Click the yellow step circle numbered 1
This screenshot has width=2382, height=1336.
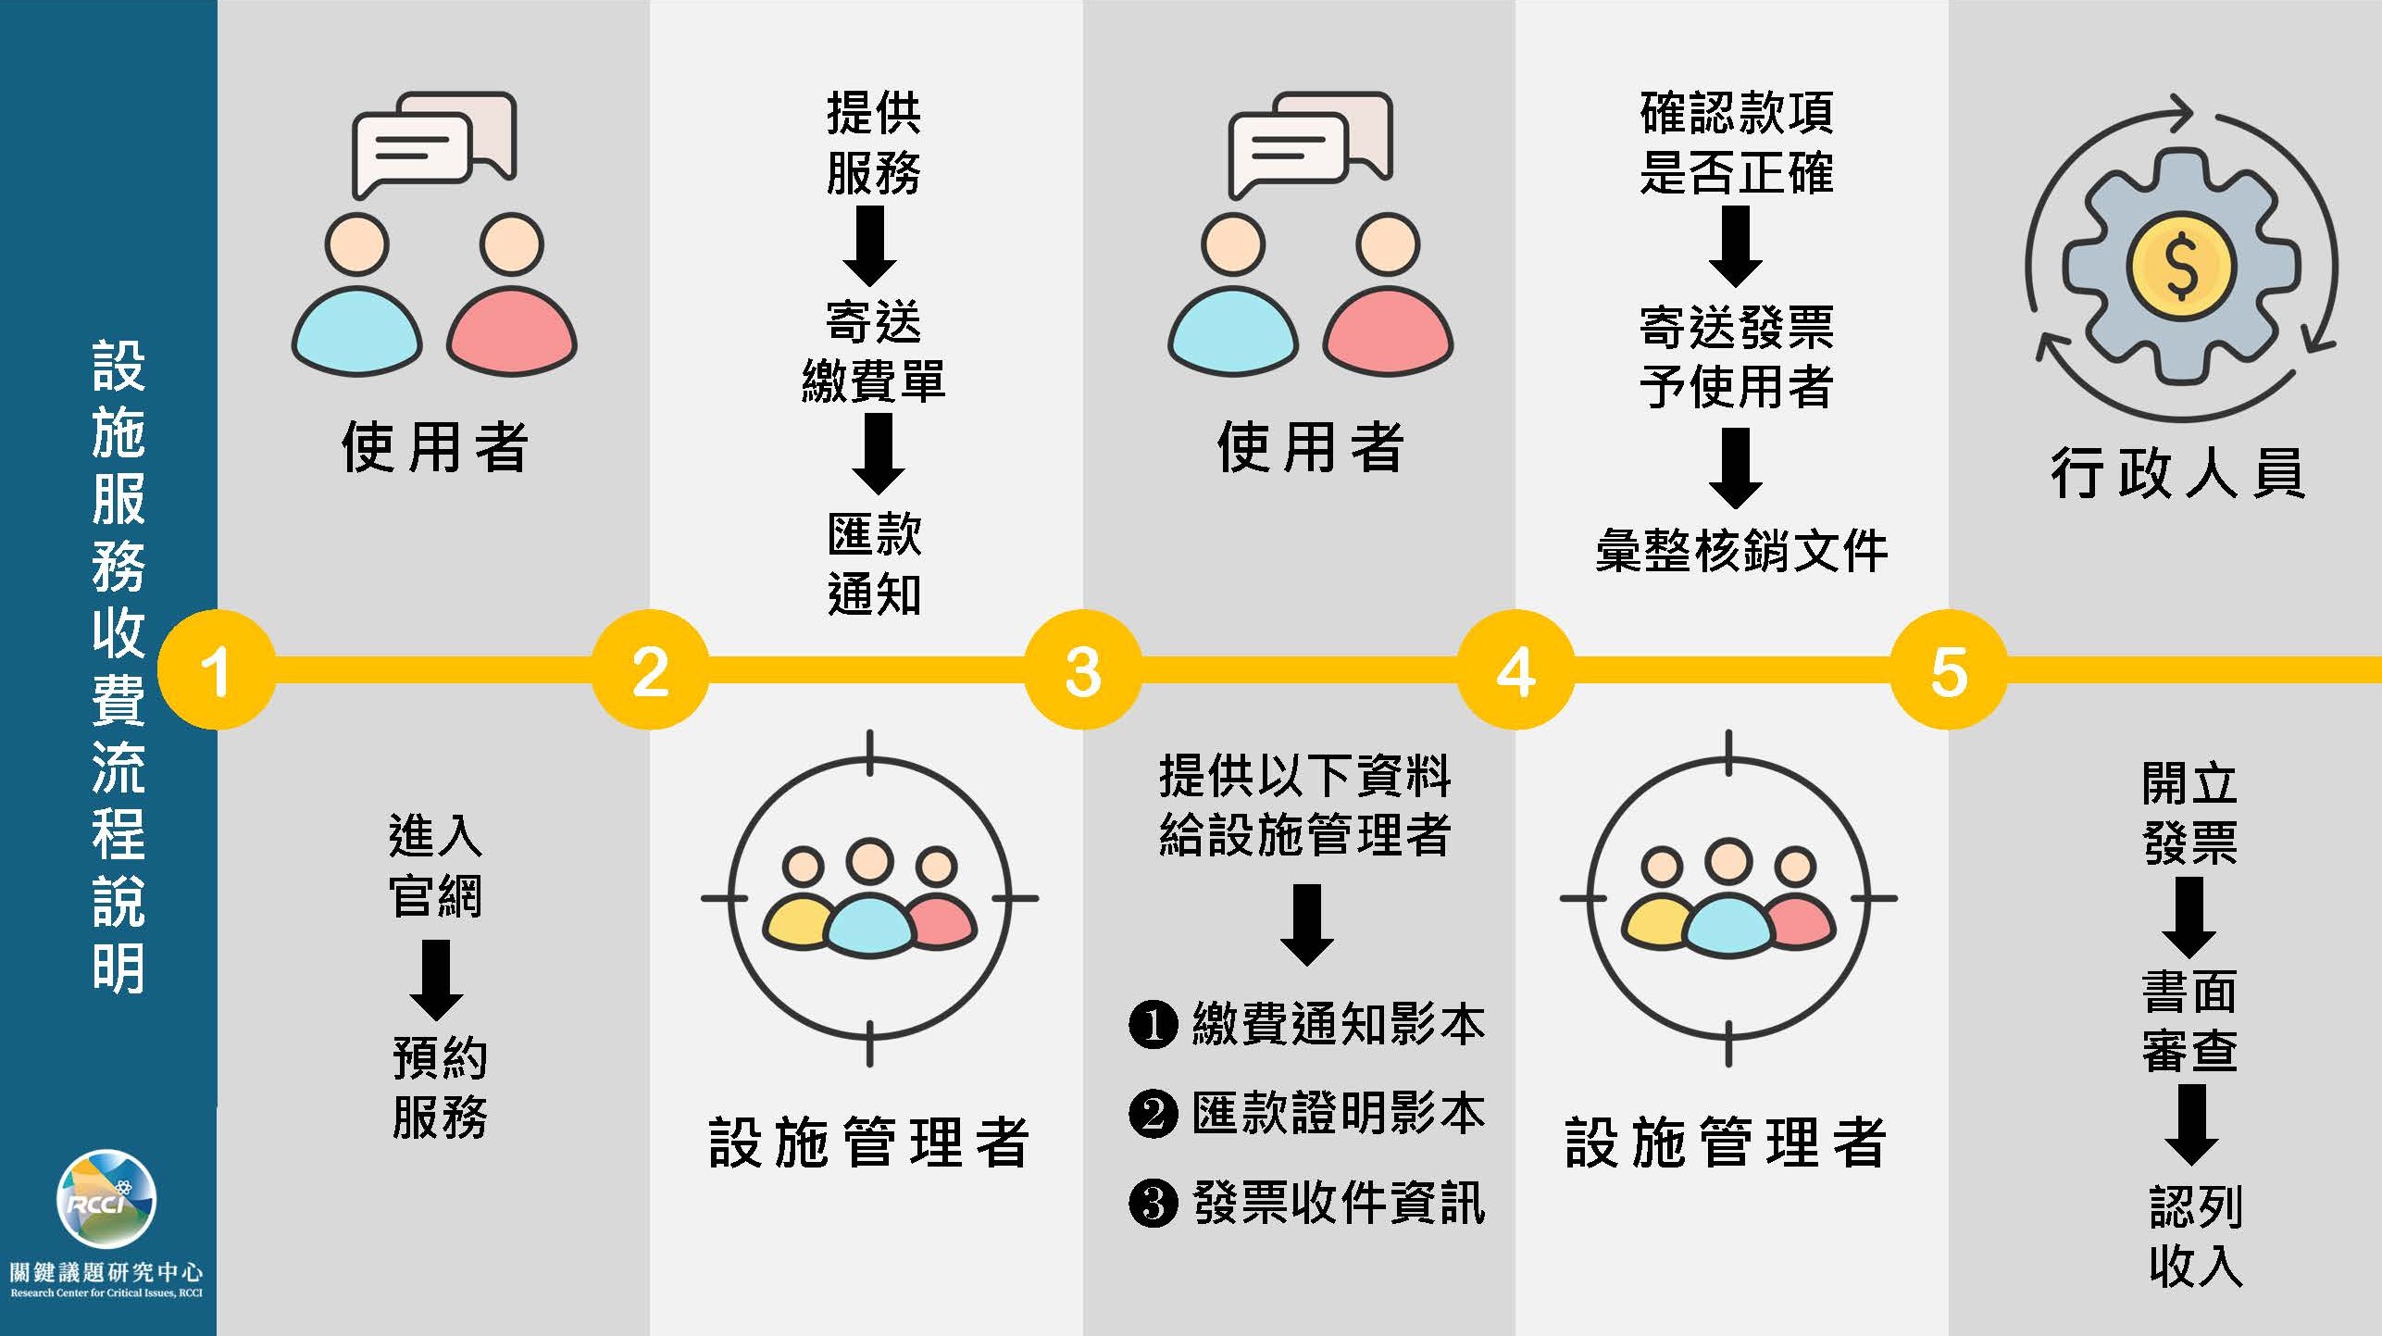216,669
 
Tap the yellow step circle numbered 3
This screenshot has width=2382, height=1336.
1082,669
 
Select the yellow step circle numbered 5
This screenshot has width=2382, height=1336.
1948,669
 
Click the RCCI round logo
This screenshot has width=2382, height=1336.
106,1198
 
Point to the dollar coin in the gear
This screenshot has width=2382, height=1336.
2181,266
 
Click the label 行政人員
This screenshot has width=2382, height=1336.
2177,473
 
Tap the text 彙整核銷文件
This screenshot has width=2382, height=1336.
1740,552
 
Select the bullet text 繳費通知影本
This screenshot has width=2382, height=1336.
1338,1025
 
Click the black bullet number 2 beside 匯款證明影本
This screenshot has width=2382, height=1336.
1153,1114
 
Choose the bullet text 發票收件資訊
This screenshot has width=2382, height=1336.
1338,1204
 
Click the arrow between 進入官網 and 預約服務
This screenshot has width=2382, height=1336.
436,980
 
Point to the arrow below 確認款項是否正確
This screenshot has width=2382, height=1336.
1735,245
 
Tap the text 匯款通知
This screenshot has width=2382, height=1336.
874,564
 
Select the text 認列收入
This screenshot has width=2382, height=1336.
2195,1236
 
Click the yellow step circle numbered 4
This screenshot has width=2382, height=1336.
1515,669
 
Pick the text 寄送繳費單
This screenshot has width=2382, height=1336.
874,352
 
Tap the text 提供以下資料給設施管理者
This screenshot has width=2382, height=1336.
1304,805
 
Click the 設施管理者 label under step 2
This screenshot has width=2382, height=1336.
868,1142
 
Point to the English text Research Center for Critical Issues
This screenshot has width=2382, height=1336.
106,1292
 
